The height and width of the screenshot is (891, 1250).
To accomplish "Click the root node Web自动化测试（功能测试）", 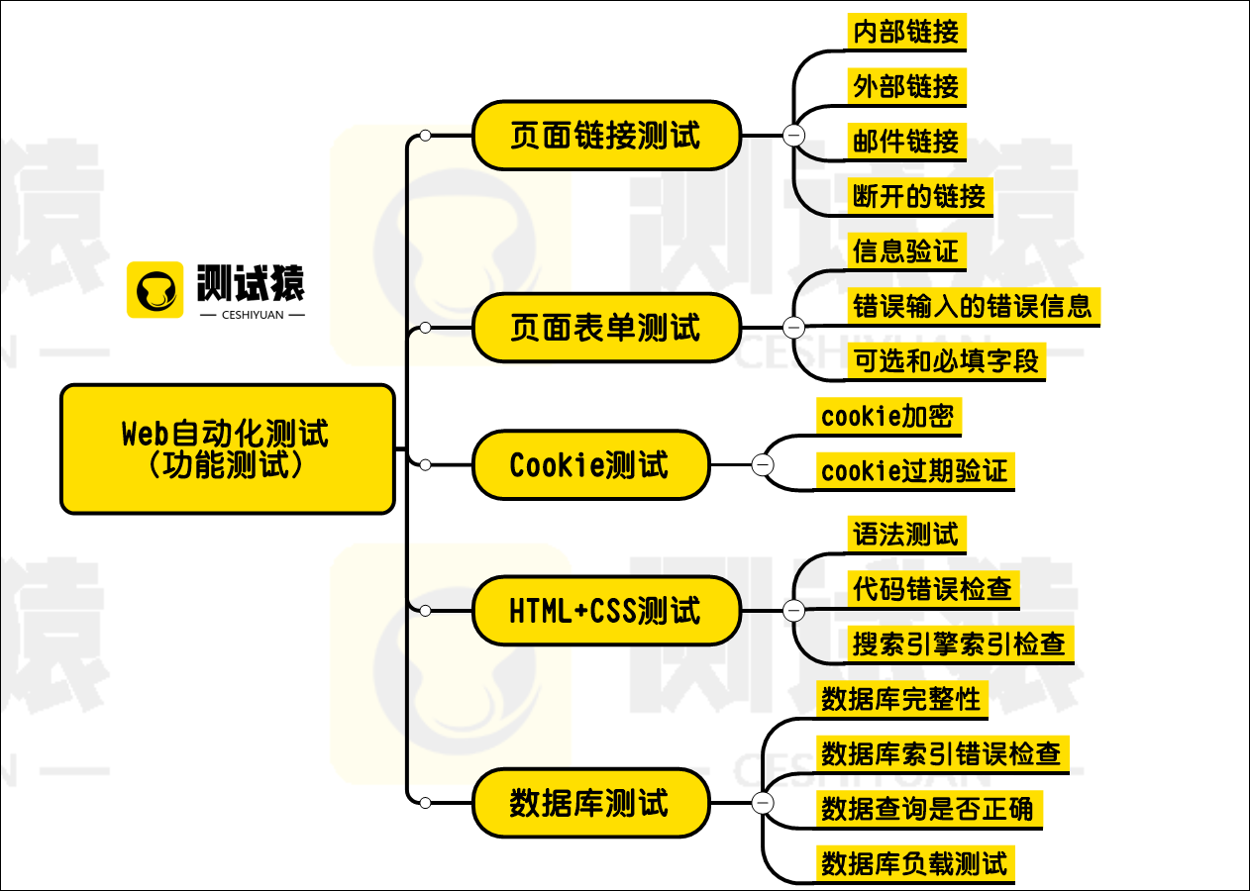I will click(227, 449).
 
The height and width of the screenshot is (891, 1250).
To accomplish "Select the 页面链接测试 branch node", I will click(606, 136).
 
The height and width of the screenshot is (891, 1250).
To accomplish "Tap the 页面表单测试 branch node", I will click(606, 328).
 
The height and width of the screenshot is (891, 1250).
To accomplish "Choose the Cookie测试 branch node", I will click(590, 464).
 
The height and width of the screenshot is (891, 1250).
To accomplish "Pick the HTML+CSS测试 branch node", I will click(606, 611).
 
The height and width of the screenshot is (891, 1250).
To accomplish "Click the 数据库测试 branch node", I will click(590, 803).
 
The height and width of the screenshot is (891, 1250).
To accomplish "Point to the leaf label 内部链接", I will click(906, 32).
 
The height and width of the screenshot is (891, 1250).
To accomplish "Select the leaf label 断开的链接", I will click(920, 196).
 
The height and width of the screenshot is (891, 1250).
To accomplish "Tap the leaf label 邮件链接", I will click(906, 142).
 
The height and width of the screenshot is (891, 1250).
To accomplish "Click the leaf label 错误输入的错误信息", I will click(973, 306).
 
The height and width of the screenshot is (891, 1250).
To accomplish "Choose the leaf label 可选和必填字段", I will click(946, 361).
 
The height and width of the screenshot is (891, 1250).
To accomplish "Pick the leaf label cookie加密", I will click(886, 416).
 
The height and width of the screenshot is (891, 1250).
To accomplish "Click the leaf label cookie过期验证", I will click(913, 471).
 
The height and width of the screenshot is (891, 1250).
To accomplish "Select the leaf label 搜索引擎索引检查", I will click(959, 644).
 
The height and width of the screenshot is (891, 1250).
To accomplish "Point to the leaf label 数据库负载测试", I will click(913, 863).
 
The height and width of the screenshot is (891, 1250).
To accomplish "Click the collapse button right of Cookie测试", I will click(763, 464).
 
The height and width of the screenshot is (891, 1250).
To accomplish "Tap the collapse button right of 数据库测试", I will click(763, 803).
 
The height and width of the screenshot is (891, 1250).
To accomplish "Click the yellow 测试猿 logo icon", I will click(156, 289).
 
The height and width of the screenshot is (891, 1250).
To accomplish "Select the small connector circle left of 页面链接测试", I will click(425, 136).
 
